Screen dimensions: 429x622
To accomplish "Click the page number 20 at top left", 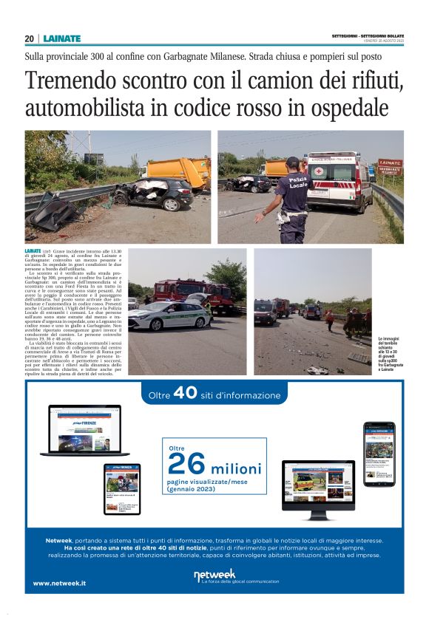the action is click(30, 38).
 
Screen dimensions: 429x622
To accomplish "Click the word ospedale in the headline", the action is click(341, 108).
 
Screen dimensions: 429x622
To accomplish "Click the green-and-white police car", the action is click(169, 315).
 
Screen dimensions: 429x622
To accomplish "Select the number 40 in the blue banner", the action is click(185, 395).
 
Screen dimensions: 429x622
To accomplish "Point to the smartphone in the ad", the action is click(379, 451).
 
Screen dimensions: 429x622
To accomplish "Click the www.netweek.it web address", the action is click(59, 583).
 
